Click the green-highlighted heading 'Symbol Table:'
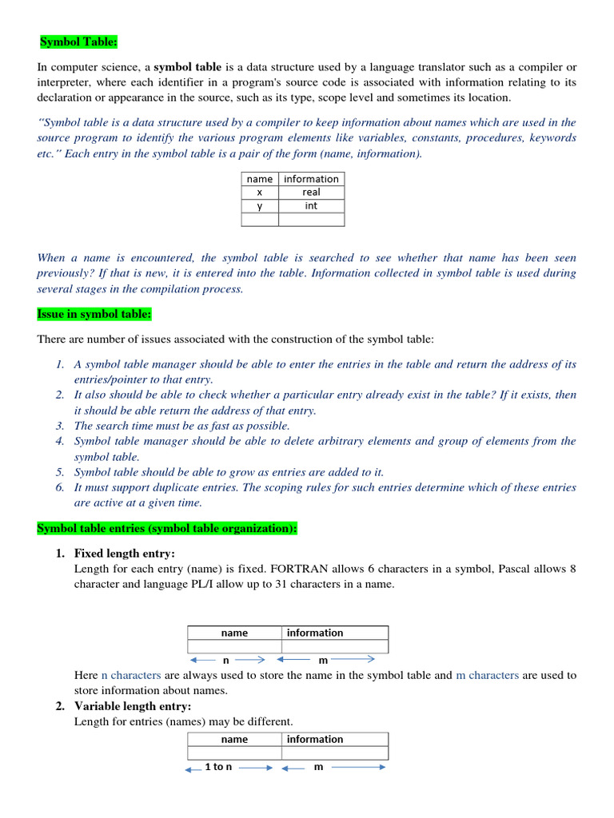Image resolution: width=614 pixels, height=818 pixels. tap(79, 42)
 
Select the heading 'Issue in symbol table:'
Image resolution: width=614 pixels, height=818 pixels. tap(94, 315)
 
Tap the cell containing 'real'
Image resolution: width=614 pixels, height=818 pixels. tap(311, 193)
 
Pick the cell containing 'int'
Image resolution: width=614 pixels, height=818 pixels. tap(311, 206)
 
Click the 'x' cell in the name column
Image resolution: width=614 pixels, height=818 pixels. tap(260, 193)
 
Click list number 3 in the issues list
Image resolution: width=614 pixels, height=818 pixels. tap(60, 426)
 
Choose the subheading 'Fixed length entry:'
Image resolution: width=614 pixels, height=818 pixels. tap(124, 554)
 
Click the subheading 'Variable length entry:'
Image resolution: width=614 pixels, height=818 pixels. tap(133, 706)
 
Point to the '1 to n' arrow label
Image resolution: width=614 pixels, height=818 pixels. tap(218, 767)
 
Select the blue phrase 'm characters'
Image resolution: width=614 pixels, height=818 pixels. tap(487, 675)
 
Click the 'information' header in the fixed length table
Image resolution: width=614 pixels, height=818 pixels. tap(315, 633)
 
